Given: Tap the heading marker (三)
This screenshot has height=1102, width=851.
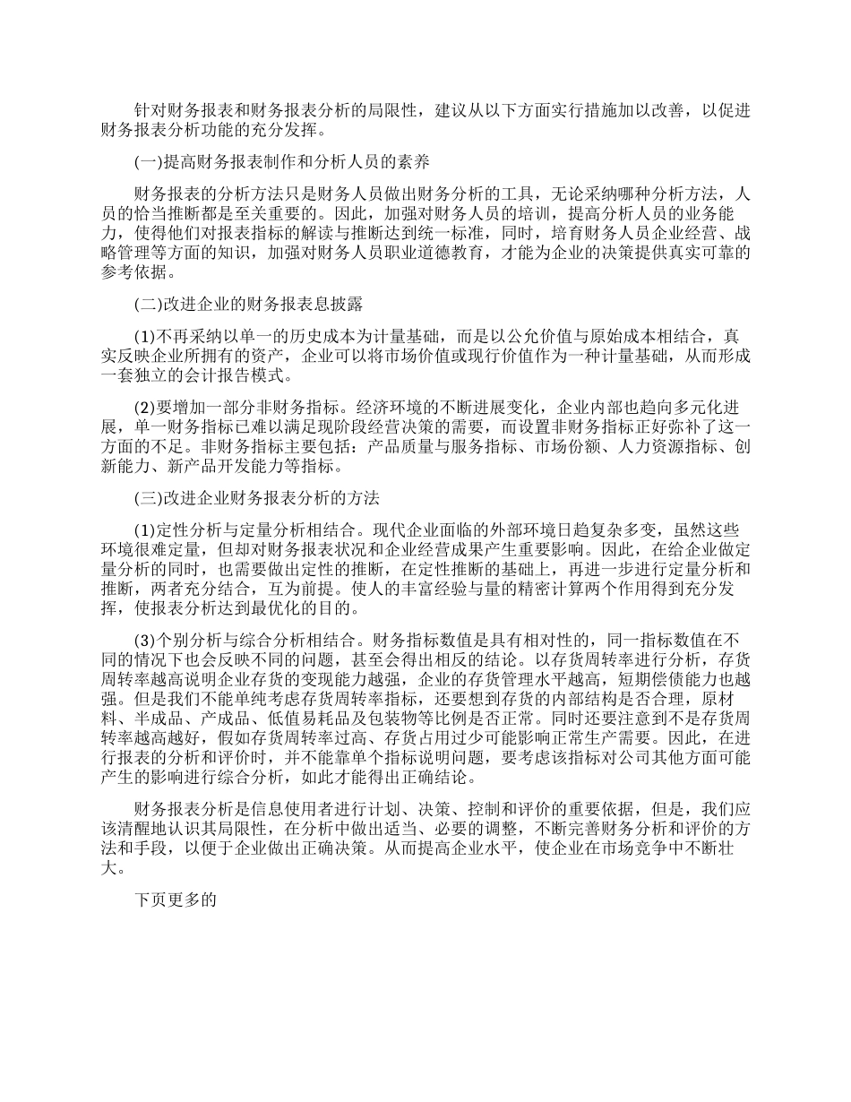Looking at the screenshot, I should coord(144,498).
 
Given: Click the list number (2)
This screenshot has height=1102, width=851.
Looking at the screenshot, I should coord(144,404).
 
